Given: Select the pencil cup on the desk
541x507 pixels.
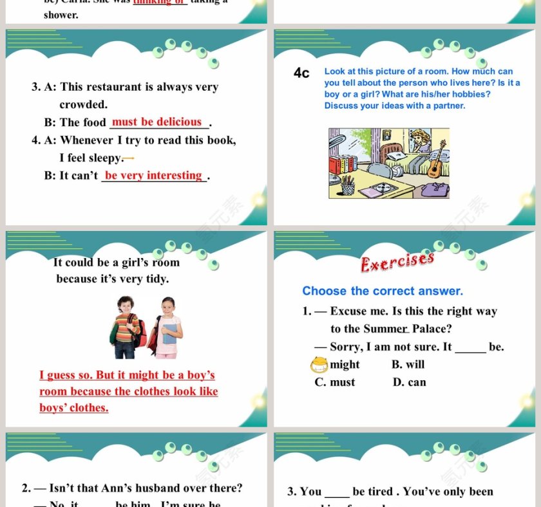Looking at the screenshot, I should (348, 187).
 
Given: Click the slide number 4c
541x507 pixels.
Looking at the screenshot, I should (301, 73).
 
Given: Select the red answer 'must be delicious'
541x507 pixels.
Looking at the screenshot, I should (157, 122).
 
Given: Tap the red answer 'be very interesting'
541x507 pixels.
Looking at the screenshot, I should (153, 175).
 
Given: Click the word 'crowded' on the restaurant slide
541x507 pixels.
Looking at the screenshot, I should (83, 104).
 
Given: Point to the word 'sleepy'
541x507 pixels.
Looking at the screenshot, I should (104, 158).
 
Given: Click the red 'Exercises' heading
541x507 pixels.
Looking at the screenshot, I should (397, 261).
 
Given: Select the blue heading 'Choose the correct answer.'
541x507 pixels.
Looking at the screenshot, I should (383, 291).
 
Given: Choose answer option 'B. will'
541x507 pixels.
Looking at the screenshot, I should (408, 364).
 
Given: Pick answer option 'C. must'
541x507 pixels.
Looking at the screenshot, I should (335, 382).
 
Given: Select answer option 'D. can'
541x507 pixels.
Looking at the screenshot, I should (409, 382).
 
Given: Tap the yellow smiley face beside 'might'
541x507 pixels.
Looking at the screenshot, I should (319, 365).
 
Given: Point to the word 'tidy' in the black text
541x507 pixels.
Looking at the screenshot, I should (156, 279).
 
